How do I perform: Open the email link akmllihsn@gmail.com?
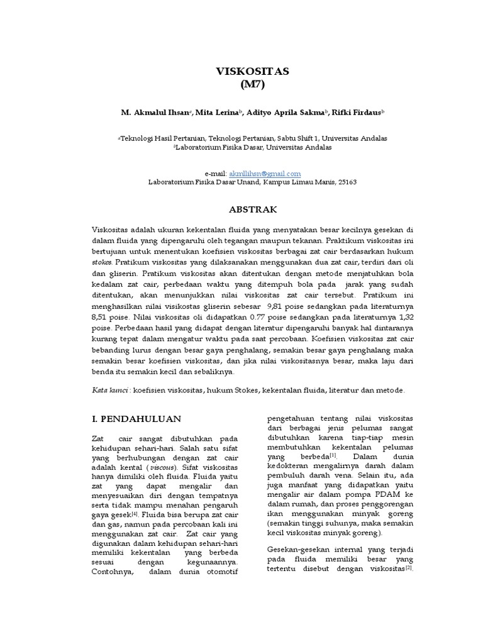click(x=265, y=173)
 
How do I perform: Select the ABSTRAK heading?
click(x=252, y=209)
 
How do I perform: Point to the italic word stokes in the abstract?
click(x=102, y=261)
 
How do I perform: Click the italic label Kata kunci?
click(x=109, y=390)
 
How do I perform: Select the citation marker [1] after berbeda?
click(x=333, y=455)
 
